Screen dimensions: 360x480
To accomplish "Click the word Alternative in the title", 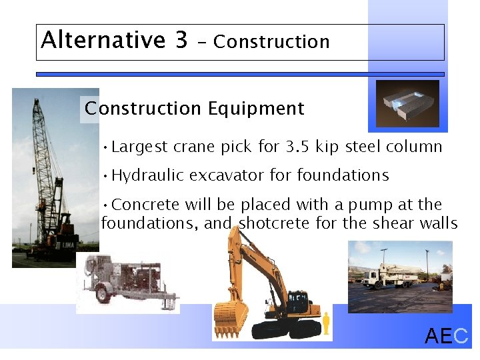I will click(103, 40).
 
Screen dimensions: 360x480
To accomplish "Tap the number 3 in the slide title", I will click(181, 40).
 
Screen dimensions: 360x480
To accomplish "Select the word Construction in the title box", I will click(271, 42).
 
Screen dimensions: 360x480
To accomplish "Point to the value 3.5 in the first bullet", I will click(298, 147).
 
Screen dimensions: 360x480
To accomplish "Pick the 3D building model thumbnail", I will click(407, 103).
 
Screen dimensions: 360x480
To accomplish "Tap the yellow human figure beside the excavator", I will click(326, 323).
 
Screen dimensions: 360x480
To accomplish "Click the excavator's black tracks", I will click(287, 328).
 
